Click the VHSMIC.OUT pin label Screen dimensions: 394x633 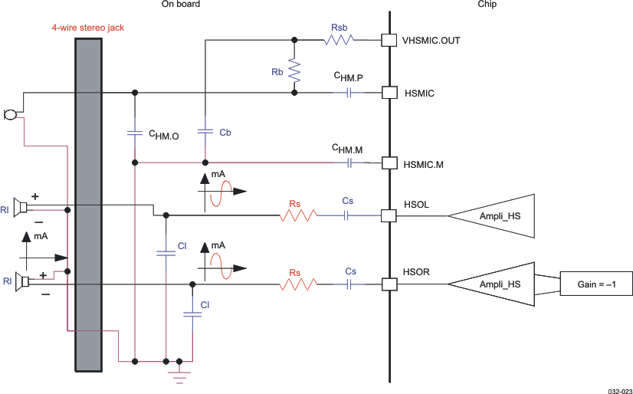(x=431, y=41)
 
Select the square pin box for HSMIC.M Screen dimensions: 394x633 (x=389, y=163)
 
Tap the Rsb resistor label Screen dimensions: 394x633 (x=339, y=28)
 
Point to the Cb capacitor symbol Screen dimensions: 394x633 (x=205, y=131)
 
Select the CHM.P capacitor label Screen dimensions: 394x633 (x=348, y=77)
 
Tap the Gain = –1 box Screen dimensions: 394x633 (x=596, y=284)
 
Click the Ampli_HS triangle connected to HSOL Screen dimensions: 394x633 (x=490, y=216)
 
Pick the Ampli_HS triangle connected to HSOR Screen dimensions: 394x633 (x=490, y=284)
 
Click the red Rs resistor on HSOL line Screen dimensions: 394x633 (x=298, y=216)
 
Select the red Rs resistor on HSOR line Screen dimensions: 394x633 (x=298, y=284)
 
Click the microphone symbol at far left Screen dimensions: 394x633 (x=10, y=115)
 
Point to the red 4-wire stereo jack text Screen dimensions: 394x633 (x=84, y=28)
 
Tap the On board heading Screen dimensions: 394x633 (x=181, y=5)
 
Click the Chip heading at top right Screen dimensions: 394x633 (x=487, y=5)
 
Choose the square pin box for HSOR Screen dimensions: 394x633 (x=389, y=284)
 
